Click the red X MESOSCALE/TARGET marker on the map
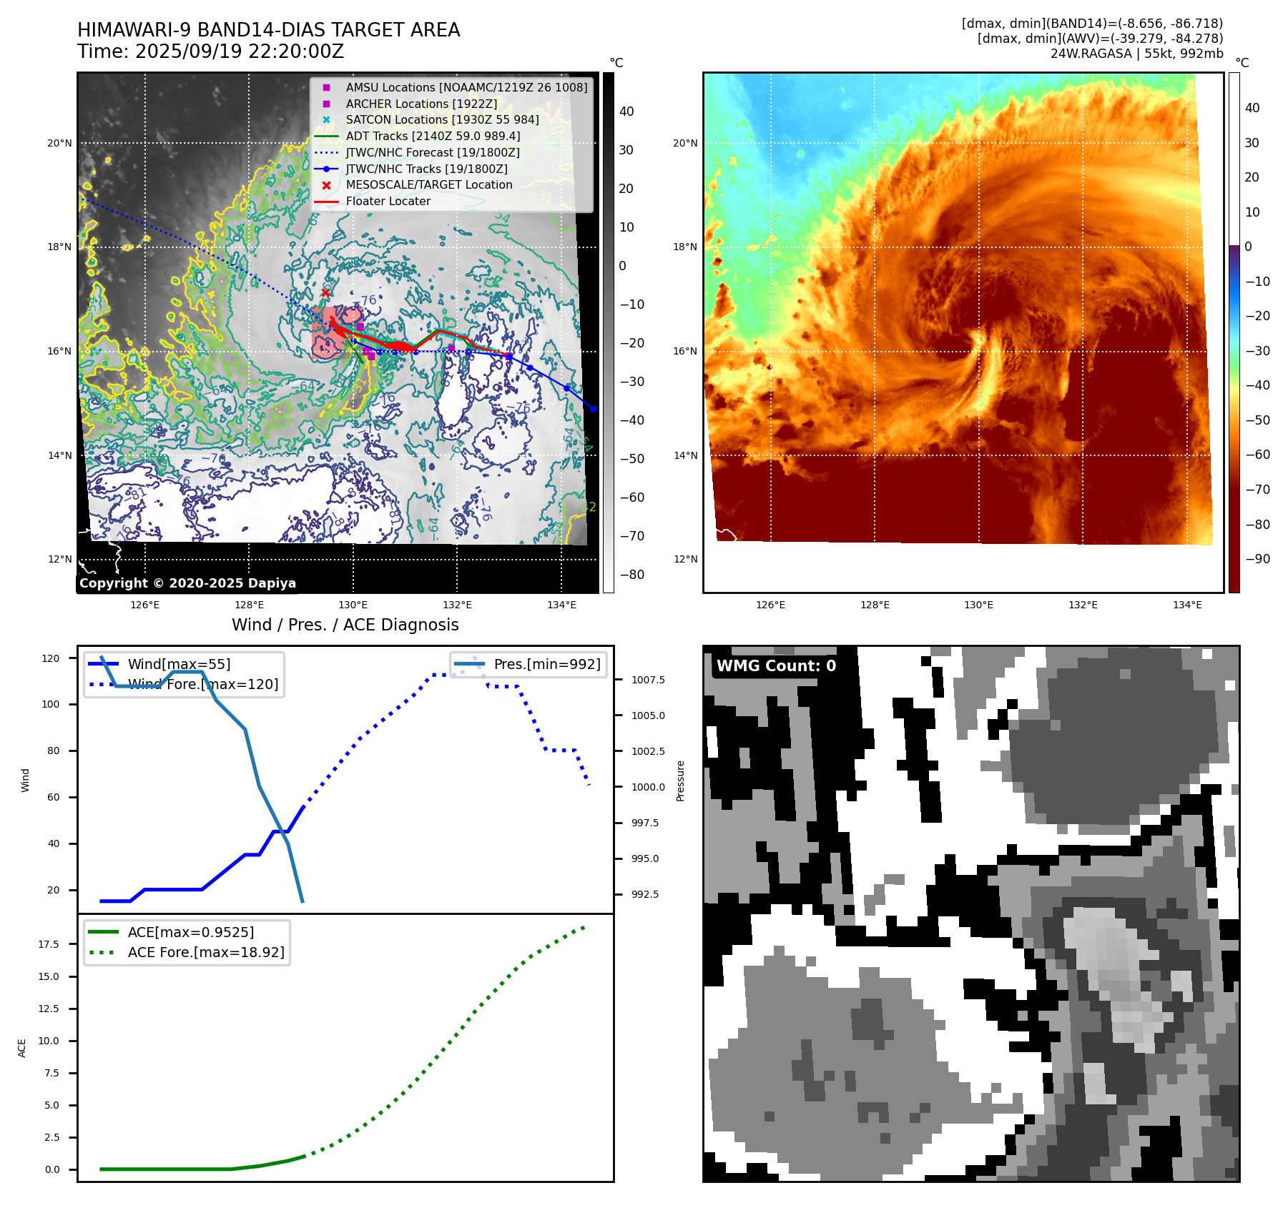(325, 292)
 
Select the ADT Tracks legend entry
(432, 136)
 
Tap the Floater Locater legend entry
(388, 202)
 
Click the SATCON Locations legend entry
(442, 120)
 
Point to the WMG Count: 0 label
(776, 666)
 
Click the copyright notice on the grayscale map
(187, 583)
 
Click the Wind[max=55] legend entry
(179, 664)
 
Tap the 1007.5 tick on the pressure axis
(648, 680)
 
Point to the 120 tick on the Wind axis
(51, 658)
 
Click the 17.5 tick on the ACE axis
(49, 944)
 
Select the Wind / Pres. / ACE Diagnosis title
(345, 625)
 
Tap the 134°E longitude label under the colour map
(1187, 605)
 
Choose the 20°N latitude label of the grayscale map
(59, 143)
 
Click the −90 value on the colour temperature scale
(1257, 559)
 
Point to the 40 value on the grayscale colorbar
(626, 112)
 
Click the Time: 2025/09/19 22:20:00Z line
(211, 51)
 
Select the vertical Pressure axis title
(680, 781)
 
